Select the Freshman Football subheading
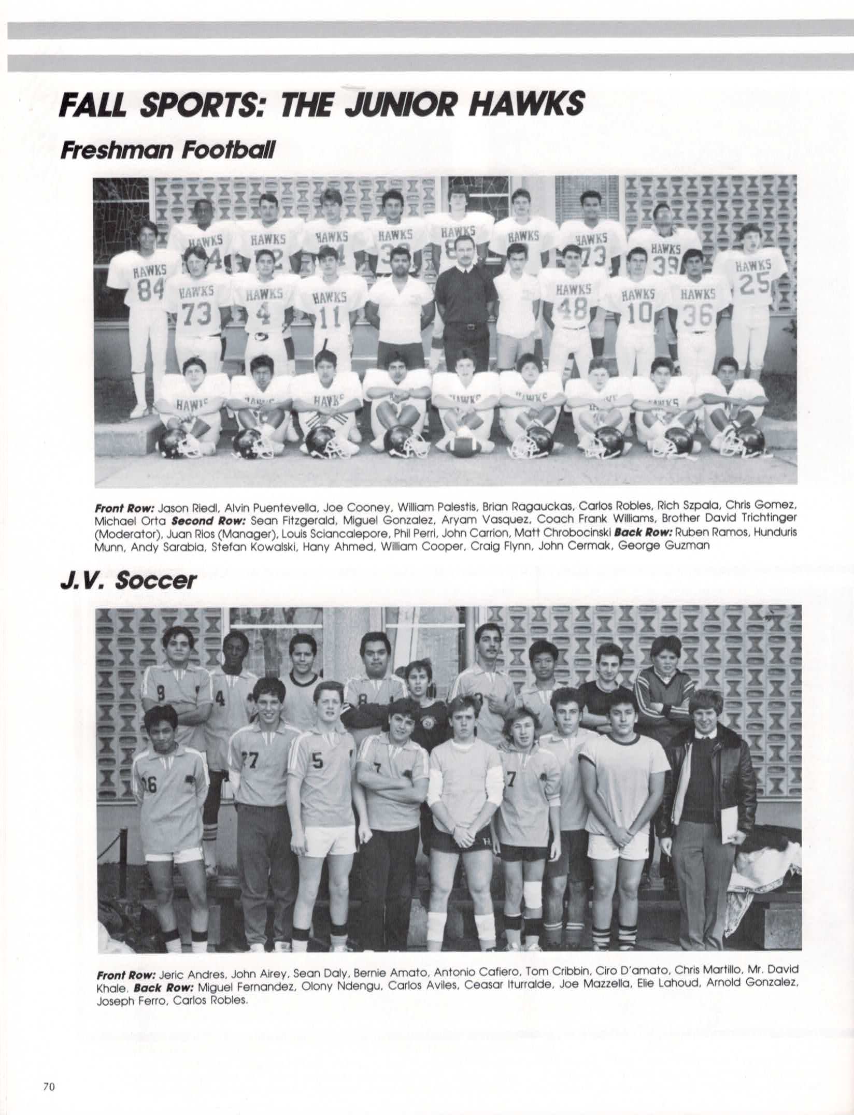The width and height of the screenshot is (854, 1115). (168, 151)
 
